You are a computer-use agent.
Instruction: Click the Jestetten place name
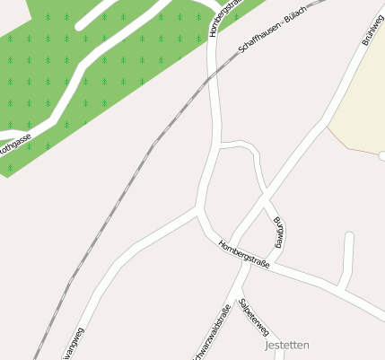click(x=287, y=345)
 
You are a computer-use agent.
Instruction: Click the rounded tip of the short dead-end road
click(x=349, y=238)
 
